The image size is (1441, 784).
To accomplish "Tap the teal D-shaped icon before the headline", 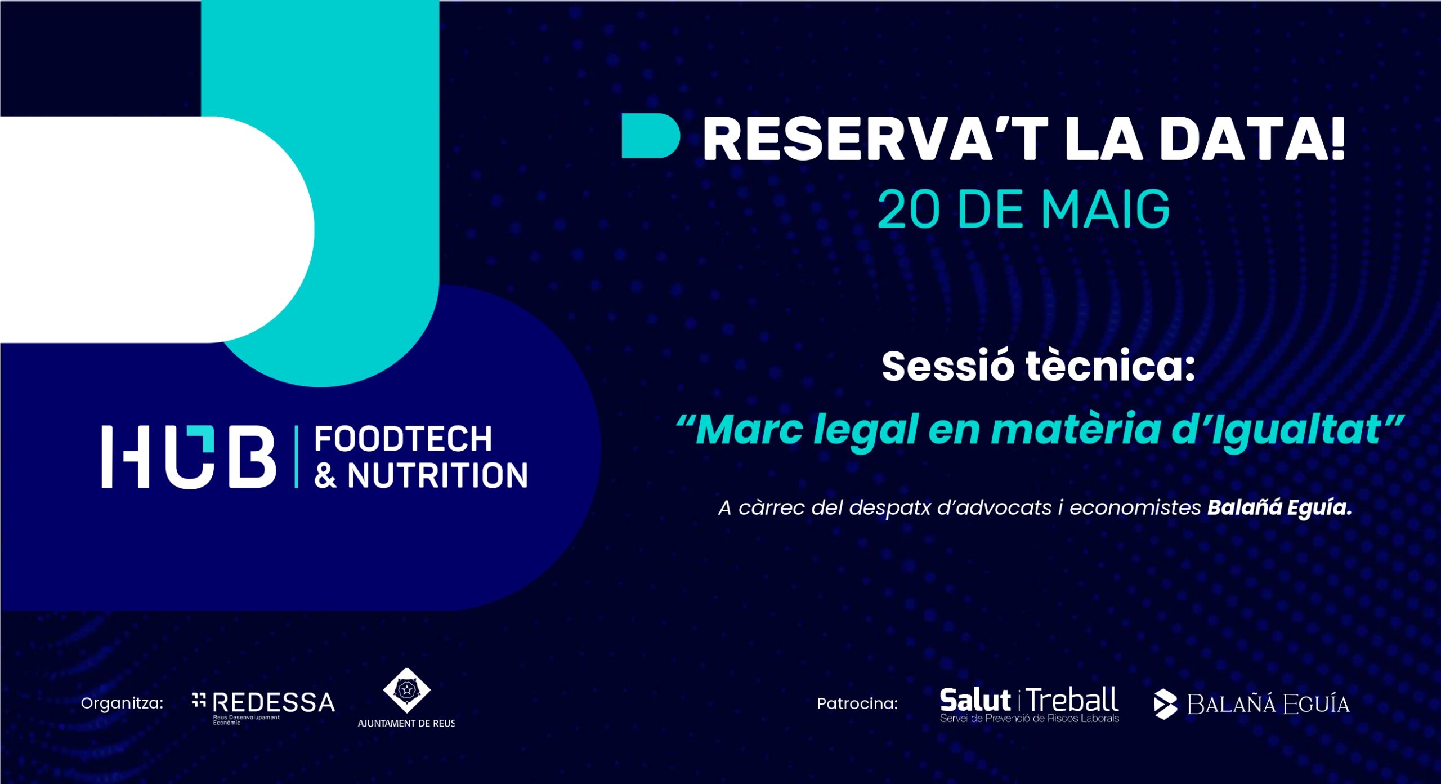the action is click(650, 136).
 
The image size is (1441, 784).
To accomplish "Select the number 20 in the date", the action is click(908, 210).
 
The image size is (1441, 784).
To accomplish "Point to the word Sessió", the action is click(948, 366).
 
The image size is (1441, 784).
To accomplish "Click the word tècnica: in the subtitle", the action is click(1110, 366).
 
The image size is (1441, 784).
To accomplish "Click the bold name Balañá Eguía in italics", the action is click(1279, 508).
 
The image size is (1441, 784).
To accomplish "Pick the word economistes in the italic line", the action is click(1135, 508).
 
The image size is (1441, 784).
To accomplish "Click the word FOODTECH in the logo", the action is click(403, 439).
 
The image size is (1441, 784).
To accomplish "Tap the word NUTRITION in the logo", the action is click(437, 475).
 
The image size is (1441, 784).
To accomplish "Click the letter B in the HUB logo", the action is click(252, 457).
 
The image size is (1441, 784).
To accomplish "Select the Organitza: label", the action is click(122, 703).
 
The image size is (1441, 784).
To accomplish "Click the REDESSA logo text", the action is click(274, 703).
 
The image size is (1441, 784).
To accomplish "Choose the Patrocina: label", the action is click(857, 703).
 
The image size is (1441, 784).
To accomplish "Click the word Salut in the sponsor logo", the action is click(975, 701).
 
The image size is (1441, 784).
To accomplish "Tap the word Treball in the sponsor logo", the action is click(1072, 701).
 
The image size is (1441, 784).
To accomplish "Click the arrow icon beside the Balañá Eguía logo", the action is click(1165, 704).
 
